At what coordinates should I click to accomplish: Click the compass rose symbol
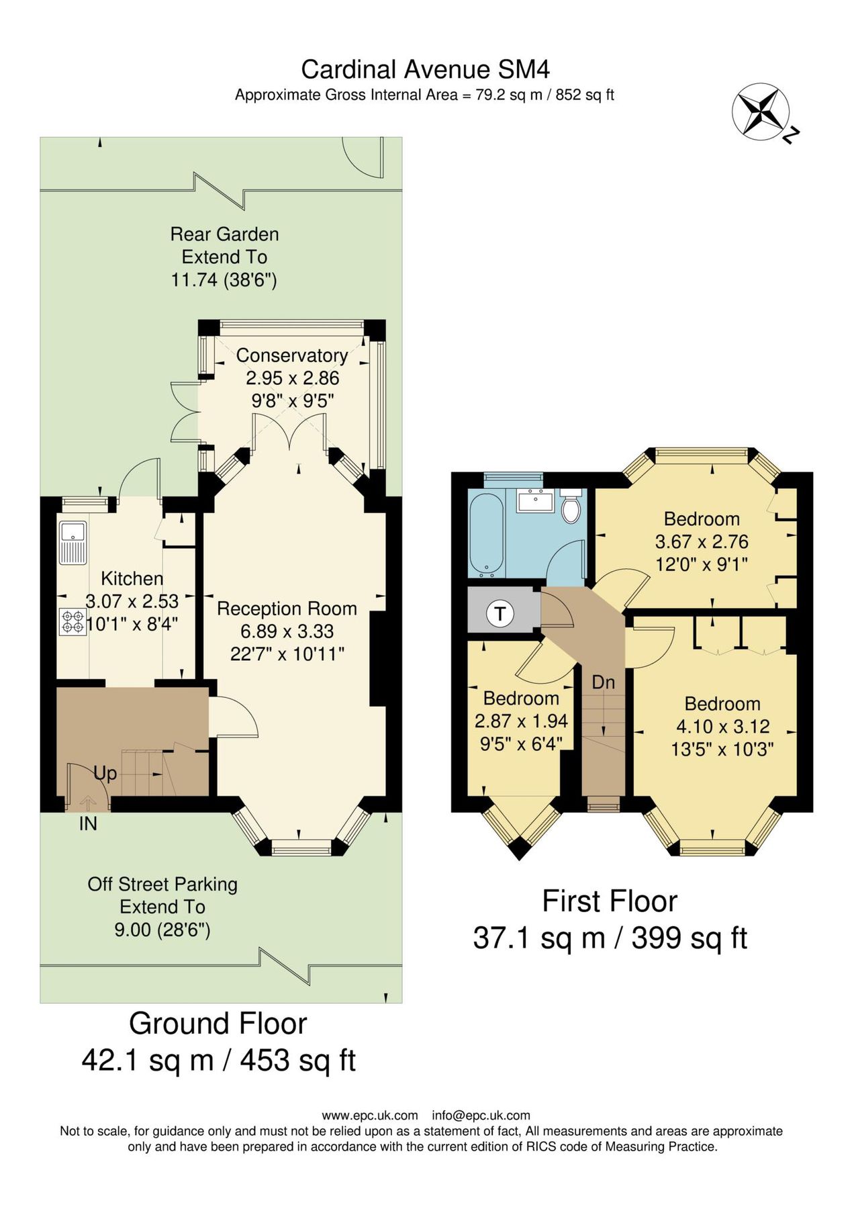point(761,112)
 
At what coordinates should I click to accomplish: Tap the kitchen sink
point(73,541)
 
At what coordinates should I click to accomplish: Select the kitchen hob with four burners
point(73,621)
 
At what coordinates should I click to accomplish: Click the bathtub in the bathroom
point(487,535)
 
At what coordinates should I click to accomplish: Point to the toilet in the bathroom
point(571,508)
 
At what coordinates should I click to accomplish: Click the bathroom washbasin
point(536,501)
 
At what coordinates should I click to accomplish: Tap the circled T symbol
point(500,613)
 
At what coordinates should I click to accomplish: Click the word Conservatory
point(291,355)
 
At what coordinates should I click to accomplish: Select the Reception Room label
point(287,609)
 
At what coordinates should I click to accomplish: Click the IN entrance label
point(88,823)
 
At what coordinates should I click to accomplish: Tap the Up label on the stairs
point(105,773)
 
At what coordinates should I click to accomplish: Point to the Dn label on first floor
point(603,682)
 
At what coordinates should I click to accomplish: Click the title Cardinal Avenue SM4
point(425,69)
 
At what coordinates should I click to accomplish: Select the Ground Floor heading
point(218,1024)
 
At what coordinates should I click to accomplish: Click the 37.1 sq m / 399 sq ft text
point(610,938)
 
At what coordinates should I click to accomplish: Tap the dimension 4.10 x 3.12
point(722,727)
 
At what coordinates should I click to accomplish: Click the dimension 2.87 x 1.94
point(521,721)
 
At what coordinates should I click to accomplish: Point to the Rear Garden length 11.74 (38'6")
point(224,279)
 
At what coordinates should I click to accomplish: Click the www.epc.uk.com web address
point(370,1116)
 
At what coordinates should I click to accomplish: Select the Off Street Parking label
point(162,884)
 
